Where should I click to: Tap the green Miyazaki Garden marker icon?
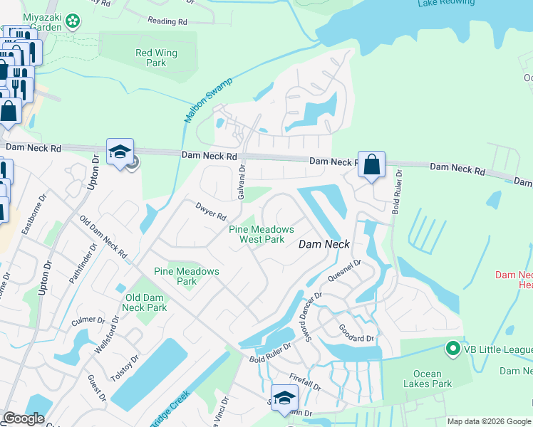pos(72,22)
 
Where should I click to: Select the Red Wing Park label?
pos(156,58)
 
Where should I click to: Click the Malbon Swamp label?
pos(205,100)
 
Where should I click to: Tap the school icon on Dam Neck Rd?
pos(120,152)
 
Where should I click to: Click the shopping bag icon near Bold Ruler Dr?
pos(371,165)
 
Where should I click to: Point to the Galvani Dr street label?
pos(242,184)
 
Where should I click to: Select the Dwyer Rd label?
pos(210,211)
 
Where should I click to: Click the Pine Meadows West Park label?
pos(261,234)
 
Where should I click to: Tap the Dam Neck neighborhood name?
pos(323,243)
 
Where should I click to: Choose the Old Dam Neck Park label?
pos(146,302)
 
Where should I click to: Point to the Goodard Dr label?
pos(356,333)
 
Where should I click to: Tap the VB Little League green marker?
pos(451,349)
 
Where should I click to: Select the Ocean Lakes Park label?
pos(433,379)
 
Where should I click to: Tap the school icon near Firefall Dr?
pos(284,399)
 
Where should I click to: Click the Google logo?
pos(24,418)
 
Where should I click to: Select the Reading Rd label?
pos(167,21)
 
